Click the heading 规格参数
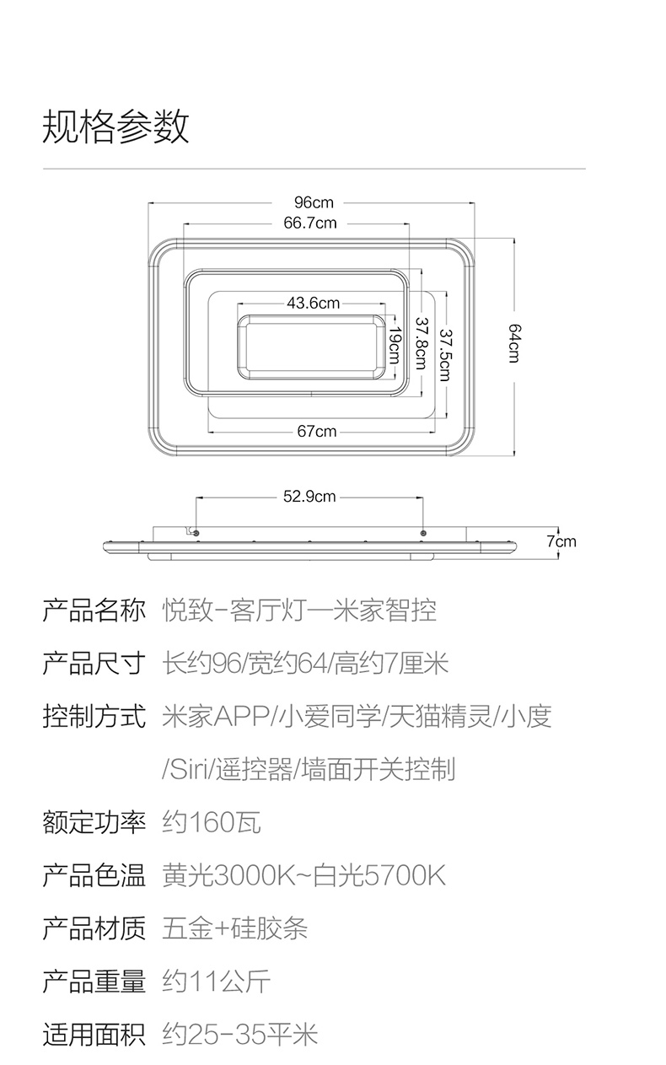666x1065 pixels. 115,126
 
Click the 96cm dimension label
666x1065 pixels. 314,202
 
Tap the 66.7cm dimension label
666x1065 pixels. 310,223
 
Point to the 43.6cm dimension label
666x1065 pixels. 314,303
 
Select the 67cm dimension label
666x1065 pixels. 317,431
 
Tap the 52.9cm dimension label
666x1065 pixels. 309,497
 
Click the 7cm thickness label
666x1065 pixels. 561,541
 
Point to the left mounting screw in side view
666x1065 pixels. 196,533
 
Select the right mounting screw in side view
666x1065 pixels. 423,533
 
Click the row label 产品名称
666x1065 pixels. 94,610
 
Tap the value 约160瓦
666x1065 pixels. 211,821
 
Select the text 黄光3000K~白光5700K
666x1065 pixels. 303,875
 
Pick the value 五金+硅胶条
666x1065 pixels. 235,928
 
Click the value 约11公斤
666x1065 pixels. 216,982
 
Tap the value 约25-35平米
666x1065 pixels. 240,1034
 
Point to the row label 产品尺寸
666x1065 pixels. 94,664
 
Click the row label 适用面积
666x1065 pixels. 94,1034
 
